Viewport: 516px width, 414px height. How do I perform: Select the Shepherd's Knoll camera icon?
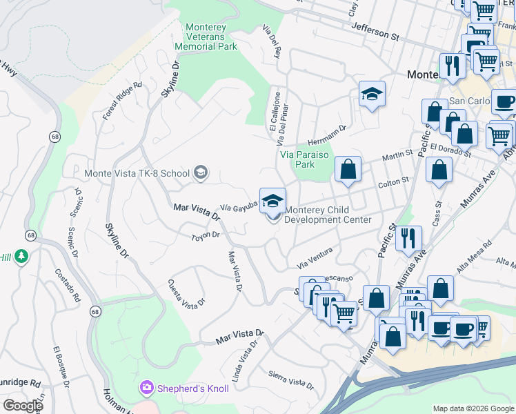click(146, 388)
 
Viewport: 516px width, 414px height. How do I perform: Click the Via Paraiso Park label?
click(307, 159)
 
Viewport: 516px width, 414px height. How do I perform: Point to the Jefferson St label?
click(375, 28)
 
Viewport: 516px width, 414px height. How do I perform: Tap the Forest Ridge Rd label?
click(122, 101)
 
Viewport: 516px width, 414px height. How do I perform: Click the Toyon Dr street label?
click(205, 235)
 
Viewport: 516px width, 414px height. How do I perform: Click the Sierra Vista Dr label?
click(291, 379)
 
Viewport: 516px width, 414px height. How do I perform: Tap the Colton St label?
click(394, 182)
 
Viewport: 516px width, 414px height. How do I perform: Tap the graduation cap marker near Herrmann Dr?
click(372, 95)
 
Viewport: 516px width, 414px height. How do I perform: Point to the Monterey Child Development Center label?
click(328, 215)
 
